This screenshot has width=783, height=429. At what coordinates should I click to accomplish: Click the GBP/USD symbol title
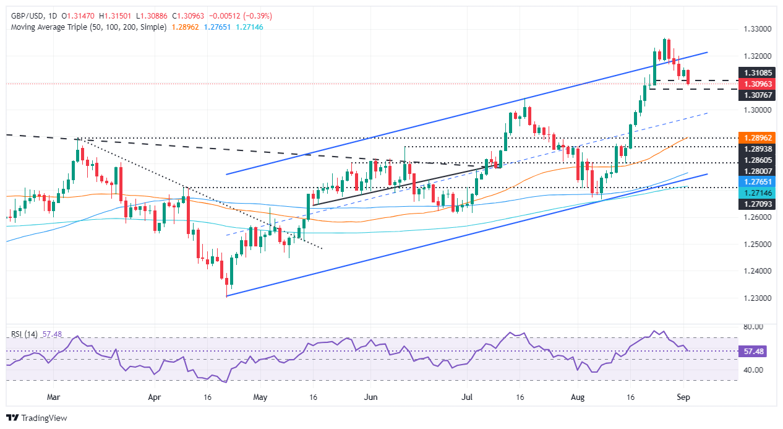(x=30, y=15)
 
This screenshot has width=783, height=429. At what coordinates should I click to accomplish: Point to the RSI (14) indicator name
(x=24, y=334)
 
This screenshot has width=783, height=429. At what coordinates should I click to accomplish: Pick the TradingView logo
(x=37, y=418)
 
